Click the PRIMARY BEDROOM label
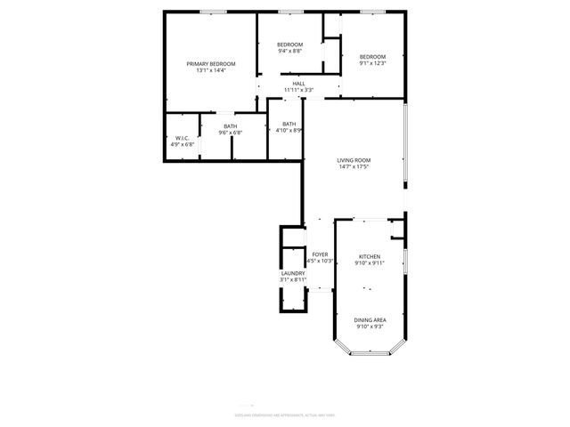pyautogui.click(x=210, y=64)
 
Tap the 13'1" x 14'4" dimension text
pyautogui.click(x=210, y=71)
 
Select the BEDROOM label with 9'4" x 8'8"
pyautogui.click(x=289, y=45)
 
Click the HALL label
pyautogui.click(x=298, y=84)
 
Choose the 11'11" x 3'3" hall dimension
pyautogui.click(x=298, y=90)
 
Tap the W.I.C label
pyautogui.click(x=182, y=138)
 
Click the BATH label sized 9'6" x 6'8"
pyautogui.click(x=231, y=127)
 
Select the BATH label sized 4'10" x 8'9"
pyautogui.click(x=289, y=124)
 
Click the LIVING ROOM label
pyautogui.click(x=354, y=160)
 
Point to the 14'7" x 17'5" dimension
pyautogui.click(x=354, y=166)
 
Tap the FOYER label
pyautogui.click(x=320, y=254)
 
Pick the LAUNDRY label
pyautogui.click(x=293, y=273)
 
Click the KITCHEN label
pyautogui.click(x=369, y=256)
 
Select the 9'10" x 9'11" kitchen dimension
pyautogui.click(x=369, y=262)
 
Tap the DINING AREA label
pyautogui.click(x=369, y=320)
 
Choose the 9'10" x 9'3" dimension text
pyautogui.click(x=369, y=326)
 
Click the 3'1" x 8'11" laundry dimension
pyautogui.click(x=293, y=279)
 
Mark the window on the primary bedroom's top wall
pyautogui.click(x=212, y=12)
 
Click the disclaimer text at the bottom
pyautogui.click(x=284, y=415)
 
